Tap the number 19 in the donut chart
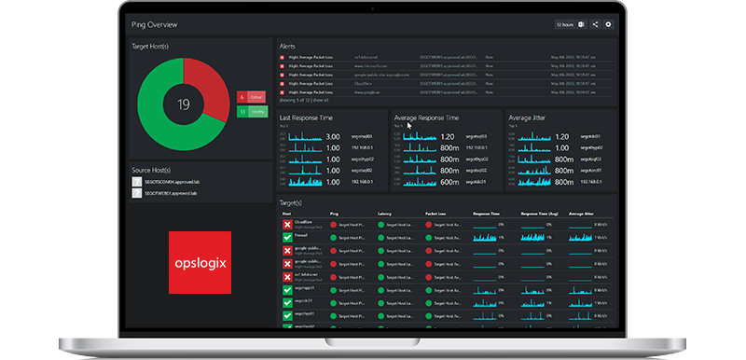(x=184, y=104)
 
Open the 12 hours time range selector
(x=565, y=24)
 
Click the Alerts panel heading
(x=289, y=45)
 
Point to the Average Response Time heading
(x=425, y=118)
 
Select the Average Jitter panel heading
(x=532, y=118)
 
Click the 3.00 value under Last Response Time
(x=333, y=137)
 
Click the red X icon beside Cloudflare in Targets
(x=287, y=225)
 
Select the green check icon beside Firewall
(x=287, y=237)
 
